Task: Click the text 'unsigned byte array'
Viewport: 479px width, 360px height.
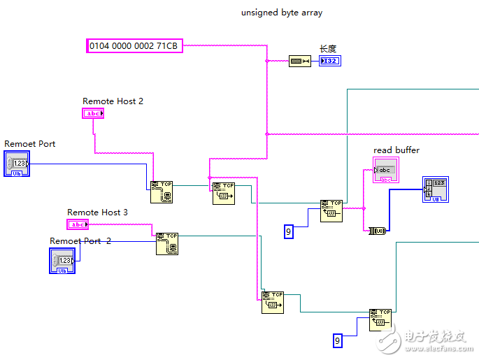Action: (281, 13)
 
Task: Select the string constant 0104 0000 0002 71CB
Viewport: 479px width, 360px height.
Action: (134, 46)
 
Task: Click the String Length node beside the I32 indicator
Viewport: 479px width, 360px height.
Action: (299, 62)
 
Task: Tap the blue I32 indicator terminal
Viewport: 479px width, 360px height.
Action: (330, 62)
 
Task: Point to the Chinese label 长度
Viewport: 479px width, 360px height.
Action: (328, 49)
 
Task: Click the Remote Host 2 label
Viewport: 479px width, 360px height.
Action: (113, 101)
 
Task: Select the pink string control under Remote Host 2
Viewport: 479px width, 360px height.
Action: (93, 113)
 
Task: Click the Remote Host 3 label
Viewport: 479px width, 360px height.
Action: (97, 213)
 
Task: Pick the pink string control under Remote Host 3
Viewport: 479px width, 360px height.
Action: (78, 224)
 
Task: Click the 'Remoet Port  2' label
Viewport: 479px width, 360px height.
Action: (80, 241)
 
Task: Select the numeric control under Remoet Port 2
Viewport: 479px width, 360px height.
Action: (62, 260)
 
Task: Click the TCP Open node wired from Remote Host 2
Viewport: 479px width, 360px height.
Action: (161, 192)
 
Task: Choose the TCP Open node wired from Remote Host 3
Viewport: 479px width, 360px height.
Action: (167, 244)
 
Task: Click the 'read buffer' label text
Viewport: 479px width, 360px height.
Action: (396, 150)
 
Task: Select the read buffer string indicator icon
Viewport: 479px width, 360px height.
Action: (385, 171)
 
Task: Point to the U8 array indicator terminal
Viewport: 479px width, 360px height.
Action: (435, 189)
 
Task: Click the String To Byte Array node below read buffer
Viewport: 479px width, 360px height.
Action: (378, 230)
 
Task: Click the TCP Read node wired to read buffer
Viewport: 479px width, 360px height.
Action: (331, 210)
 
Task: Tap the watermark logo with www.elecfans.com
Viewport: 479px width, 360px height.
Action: (429, 340)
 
